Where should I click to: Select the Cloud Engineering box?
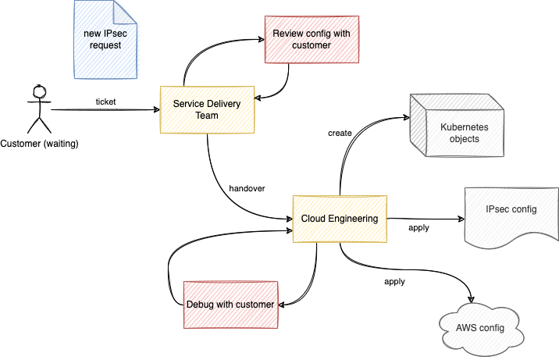(340, 219)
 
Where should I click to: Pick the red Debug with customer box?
(230, 304)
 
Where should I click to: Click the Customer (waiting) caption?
(40, 144)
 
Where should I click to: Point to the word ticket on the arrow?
(105, 102)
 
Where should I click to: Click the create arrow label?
(340, 133)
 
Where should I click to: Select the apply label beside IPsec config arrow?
(419, 228)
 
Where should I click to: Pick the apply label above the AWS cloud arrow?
(394, 280)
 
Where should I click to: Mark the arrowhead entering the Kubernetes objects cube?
(406, 118)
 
